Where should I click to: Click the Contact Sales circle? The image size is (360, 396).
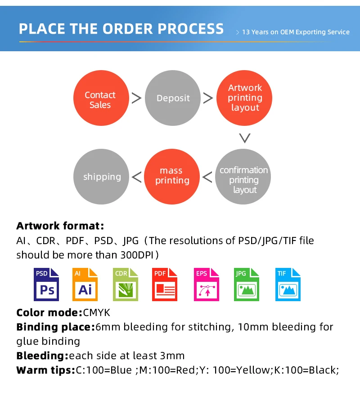(x=100, y=99)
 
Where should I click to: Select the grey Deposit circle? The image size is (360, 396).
(x=173, y=98)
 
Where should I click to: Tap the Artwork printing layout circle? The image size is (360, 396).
(x=245, y=98)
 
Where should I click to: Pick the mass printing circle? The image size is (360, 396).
(x=172, y=176)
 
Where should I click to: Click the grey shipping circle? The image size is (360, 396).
(x=102, y=177)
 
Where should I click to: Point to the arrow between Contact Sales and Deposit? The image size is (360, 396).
(x=136, y=98)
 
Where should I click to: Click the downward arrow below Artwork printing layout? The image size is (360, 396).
(x=244, y=138)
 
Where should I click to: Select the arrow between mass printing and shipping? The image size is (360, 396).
(x=136, y=177)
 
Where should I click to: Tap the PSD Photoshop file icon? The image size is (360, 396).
(x=47, y=284)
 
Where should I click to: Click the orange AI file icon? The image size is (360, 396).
(x=85, y=284)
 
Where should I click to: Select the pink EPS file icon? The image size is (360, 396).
(x=206, y=284)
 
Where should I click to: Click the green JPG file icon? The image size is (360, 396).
(x=247, y=284)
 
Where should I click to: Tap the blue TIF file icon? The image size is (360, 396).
(x=288, y=284)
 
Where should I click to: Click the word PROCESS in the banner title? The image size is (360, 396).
(x=190, y=29)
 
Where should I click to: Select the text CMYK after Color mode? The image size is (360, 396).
(x=96, y=312)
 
